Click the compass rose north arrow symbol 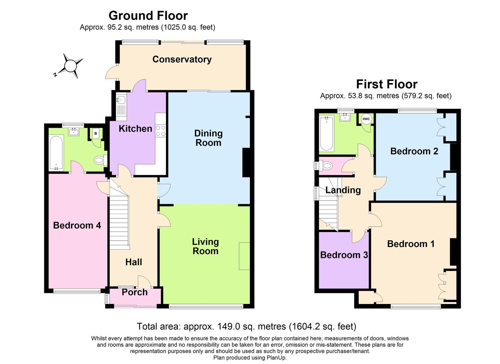click(x=70, y=66)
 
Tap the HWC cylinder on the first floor click(x=366, y=119)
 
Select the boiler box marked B click(x=96, y=133)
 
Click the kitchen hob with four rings click(x=161, y=131)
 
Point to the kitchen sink click(x=121, y=99)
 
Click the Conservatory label click(x=182, y=59)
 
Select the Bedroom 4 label click(x=77, y=225)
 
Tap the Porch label click(x=134, y=292)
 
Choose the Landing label click(x=343, y=190)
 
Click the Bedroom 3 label click(x=344, y=255)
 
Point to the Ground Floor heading click(x=148, y=16)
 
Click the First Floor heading click(x=387, y=84)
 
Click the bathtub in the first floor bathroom click(x=327, y=133)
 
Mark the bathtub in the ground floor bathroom click(x=56, y=153)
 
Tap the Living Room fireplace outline click(x=244, y=256)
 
